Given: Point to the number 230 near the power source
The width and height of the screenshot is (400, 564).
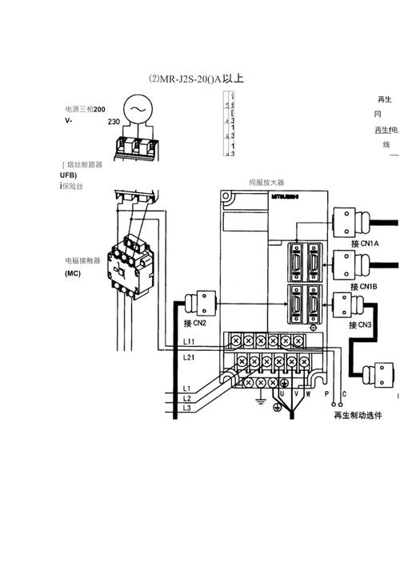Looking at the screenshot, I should coord(114,122).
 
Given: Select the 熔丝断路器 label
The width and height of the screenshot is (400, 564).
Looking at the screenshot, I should coord(84,164).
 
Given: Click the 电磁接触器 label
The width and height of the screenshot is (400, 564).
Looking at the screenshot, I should coord(83,260).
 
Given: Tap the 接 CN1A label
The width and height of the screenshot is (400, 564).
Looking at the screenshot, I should coord(365,244).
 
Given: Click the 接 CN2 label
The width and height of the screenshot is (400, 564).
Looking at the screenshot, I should coord(195,324).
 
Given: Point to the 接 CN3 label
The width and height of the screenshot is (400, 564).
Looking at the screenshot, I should coord(361,324).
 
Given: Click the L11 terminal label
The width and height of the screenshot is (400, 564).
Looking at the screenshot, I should coord(189,342).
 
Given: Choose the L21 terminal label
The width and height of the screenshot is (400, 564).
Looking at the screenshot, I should coord(189,357).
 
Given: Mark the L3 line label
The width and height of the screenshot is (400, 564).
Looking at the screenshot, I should coord(186,409).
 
